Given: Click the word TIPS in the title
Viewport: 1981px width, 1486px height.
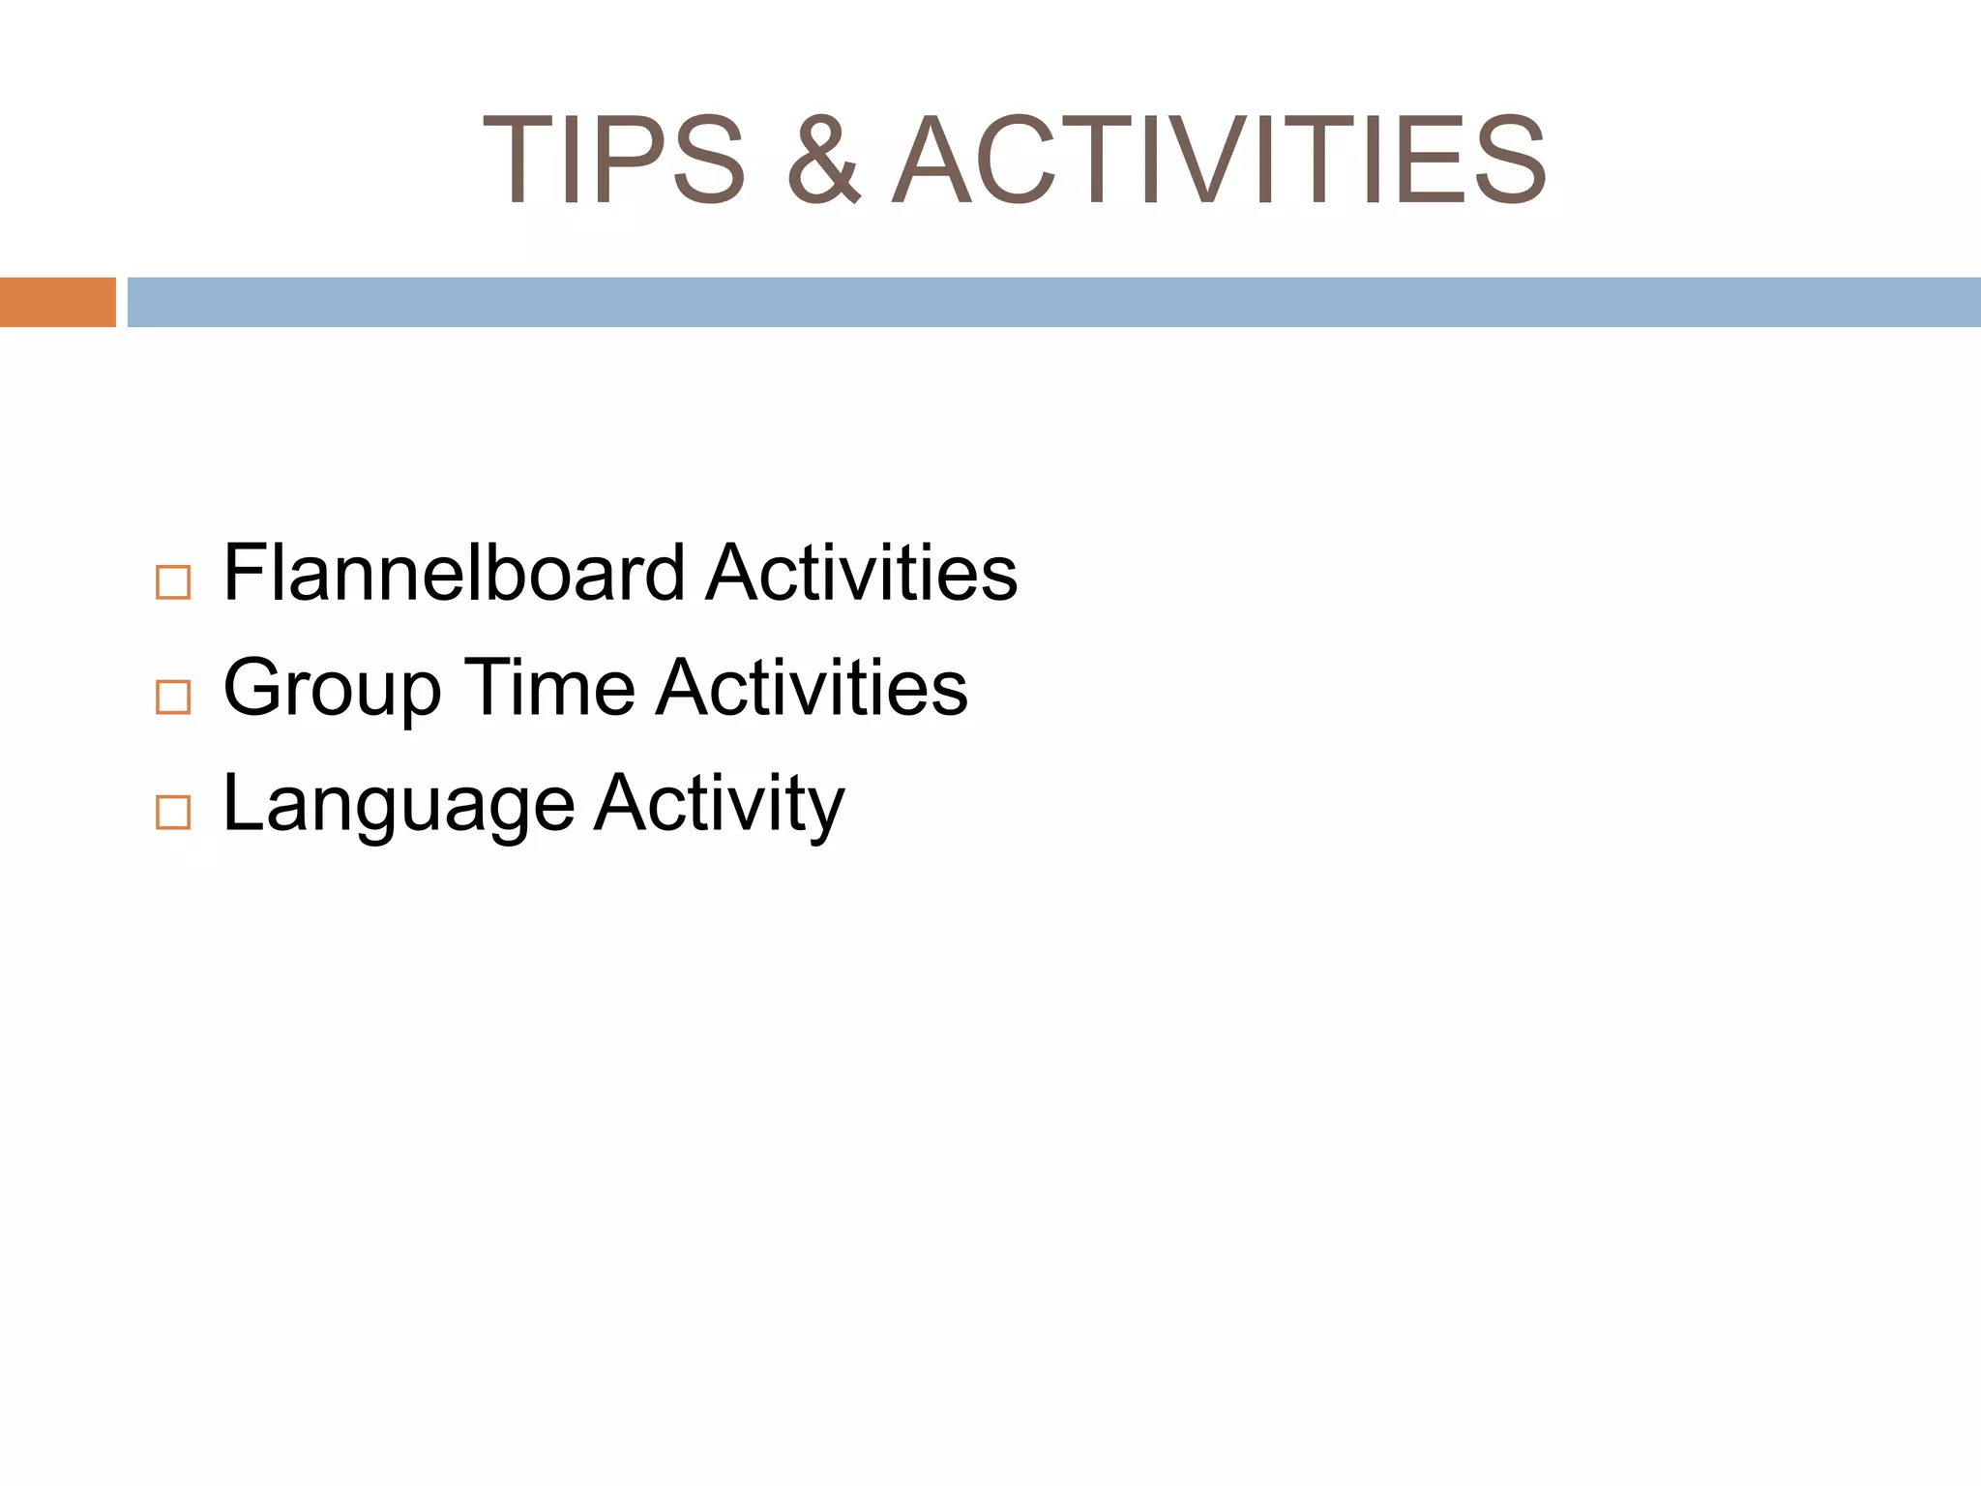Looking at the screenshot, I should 615,161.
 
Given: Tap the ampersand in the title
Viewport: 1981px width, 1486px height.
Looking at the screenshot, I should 823,161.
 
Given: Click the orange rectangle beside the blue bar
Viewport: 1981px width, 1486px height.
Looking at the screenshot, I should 57,302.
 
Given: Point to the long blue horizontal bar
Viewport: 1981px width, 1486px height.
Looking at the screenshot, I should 1053,302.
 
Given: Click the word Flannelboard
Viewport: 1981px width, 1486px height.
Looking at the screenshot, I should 455,573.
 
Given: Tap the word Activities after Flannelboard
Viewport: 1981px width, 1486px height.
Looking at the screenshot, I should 862,573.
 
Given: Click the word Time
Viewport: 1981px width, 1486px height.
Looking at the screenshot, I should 549,687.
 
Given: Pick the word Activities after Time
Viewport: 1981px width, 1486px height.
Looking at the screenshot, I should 812,687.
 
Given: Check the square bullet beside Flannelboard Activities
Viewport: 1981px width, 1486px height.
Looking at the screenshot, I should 173,582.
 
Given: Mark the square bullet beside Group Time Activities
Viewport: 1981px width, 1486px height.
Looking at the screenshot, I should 173,697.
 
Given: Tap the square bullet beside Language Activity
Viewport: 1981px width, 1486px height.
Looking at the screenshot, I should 173,813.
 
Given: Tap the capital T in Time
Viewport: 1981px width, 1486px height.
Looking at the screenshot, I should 486,687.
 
